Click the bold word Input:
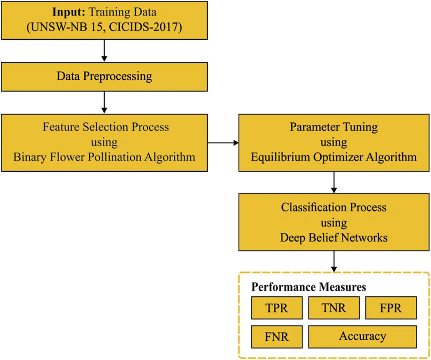coord(69,12)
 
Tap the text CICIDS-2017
coord(145,27)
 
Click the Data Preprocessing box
coord(104,77)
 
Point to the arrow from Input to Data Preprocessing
coord(104,50)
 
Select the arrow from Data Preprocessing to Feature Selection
coord(104,102)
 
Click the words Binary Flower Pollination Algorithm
coord(104,157)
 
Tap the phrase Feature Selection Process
coord(106,127)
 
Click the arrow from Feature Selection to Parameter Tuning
coord(223,143)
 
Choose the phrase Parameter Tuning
coord(333,127)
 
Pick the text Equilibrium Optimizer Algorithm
coord(333,157)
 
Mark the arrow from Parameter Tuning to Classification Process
coord(334,182)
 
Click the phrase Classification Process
coord(333,207)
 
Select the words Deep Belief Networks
coord(333,238)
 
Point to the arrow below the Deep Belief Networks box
coord(334,261)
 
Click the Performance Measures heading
coord(309,287)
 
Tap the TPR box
coord(277,308)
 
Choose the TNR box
coord(333,308)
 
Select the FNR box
coord(277,337)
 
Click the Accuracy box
coord(362,337)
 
